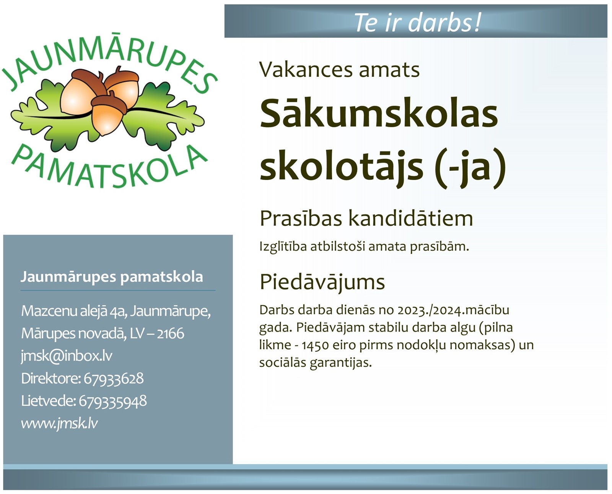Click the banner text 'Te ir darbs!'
click(x=417, y=23)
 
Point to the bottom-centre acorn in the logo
click(x=109, y=114)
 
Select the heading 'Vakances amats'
click(x=339, y=70)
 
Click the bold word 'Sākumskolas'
click(x=379, y=113)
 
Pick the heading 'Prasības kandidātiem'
click(x=366, y=219)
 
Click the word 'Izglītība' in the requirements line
click(x=283, y=246)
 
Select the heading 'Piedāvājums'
click(x=322, y=282)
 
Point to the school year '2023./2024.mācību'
click(x=453, y=310)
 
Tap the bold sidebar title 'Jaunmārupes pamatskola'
click(x=112, y=277)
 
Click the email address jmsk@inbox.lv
click(x=67, y=356)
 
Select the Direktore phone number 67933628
click(x=114, y=378)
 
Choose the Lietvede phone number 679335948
click(x=112, y=401)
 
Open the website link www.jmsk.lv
click(x=59, y=424)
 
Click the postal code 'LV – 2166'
click(x=157, y=333)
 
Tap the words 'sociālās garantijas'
click(x=316, y=363)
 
